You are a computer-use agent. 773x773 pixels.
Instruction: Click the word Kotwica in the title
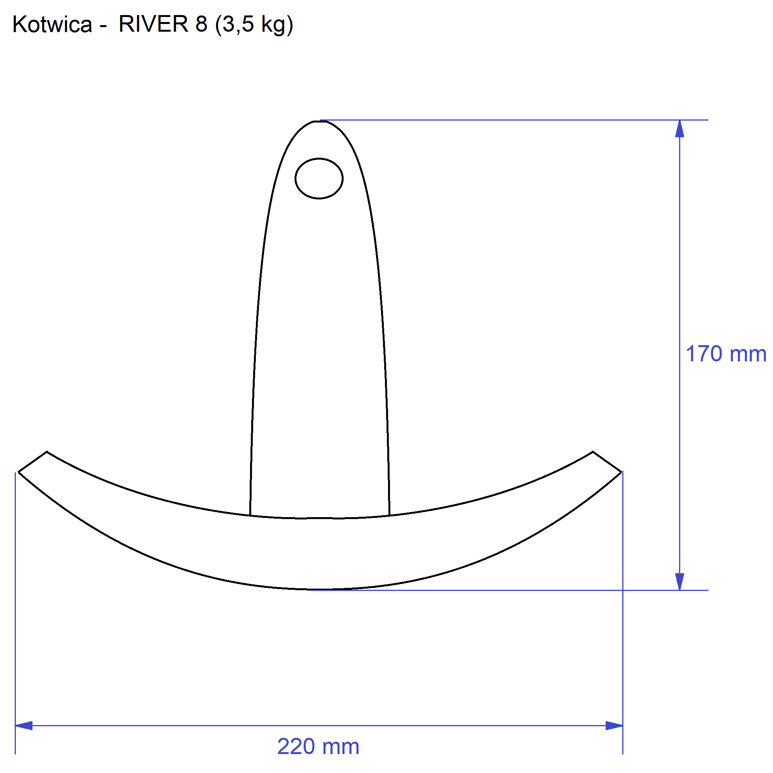coord(53,24)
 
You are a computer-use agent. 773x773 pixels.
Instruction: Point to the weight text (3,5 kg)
coord(254,25)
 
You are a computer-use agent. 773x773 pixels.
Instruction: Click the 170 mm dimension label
coord(726,354)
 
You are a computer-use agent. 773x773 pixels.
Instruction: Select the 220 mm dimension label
coord(318,747)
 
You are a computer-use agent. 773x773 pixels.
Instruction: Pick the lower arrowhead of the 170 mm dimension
coord(679,581)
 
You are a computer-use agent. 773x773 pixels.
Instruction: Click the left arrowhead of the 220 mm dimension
coord(24,725)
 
